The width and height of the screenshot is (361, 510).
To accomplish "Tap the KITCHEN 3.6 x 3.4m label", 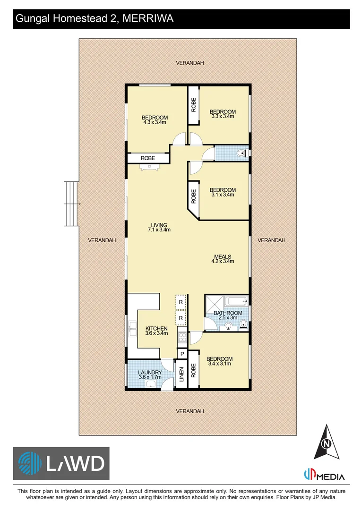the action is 156,331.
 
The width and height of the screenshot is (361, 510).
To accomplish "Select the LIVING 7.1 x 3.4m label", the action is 159,227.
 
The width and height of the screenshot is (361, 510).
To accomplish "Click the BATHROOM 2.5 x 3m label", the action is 228,315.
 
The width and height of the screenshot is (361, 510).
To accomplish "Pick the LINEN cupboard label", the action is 181,374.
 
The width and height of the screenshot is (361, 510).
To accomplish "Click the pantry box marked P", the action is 182,354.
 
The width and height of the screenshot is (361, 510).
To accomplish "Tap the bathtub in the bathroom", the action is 236,301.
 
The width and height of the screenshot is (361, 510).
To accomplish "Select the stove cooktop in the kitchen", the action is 182,337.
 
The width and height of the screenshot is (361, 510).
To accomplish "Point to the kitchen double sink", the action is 132,329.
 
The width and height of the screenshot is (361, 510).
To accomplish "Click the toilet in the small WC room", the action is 241,153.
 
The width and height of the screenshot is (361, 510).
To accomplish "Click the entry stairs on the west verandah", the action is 72,204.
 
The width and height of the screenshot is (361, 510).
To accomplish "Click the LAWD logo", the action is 61,464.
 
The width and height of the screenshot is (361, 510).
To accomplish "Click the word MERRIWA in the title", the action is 148,18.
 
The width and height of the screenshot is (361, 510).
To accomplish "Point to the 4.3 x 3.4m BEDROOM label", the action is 155,119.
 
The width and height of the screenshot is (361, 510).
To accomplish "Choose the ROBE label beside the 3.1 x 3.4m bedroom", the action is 194,196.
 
